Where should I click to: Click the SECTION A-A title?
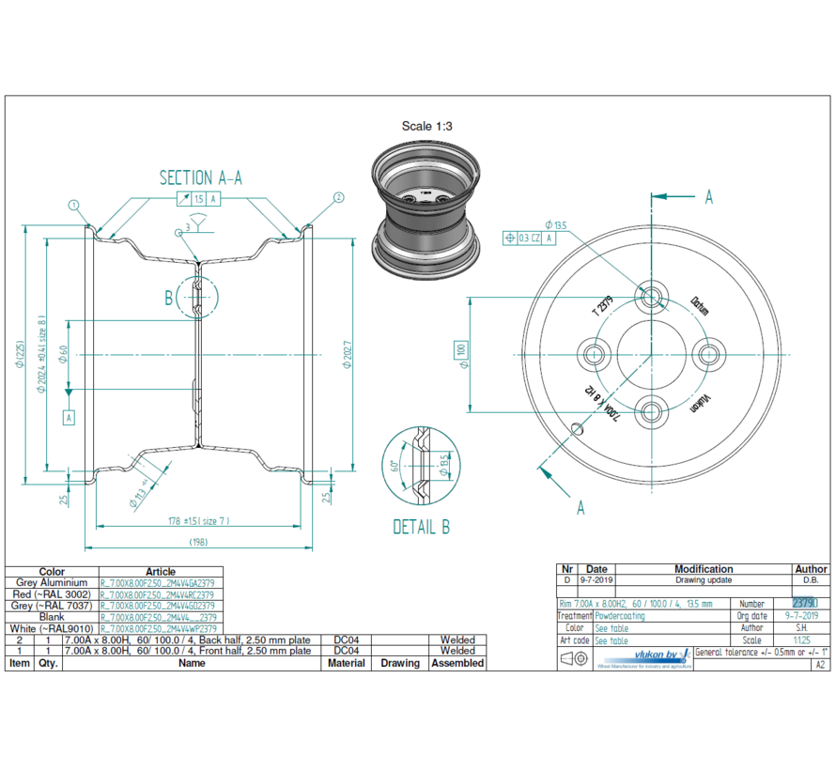(200, 178)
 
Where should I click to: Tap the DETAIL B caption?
(421, 527)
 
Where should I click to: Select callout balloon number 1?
(74, 205)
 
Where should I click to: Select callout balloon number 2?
(338, 198)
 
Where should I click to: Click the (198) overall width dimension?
(199, 542)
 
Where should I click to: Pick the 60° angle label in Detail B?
(395, 465)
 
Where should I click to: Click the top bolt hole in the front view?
(651, 297)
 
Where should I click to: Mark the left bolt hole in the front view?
(595, 353)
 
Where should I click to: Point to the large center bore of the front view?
(650, 353)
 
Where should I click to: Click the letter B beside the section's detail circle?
(169, 299)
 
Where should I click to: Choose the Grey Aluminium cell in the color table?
(52, 583)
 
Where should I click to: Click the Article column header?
(161, 571)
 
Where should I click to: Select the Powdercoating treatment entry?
(621, 616)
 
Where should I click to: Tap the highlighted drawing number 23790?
(805, 604)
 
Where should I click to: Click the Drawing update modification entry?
(704, 580)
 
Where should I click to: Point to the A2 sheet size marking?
(820, 664)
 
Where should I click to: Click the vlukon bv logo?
(647, 654)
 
